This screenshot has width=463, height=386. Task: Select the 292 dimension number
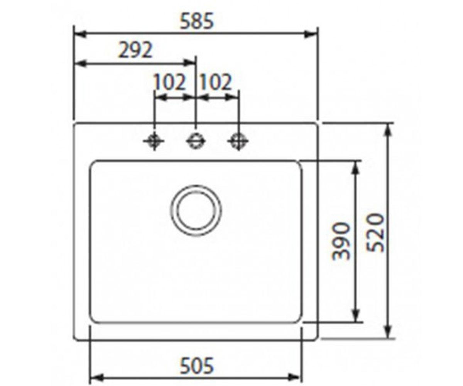click(x=135, y=50)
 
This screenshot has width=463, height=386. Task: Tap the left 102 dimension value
click(x=169, y=82)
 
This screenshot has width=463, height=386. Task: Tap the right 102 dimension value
click(x=216, y=82)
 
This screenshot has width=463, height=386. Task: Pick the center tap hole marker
click(x=196, y=141)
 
